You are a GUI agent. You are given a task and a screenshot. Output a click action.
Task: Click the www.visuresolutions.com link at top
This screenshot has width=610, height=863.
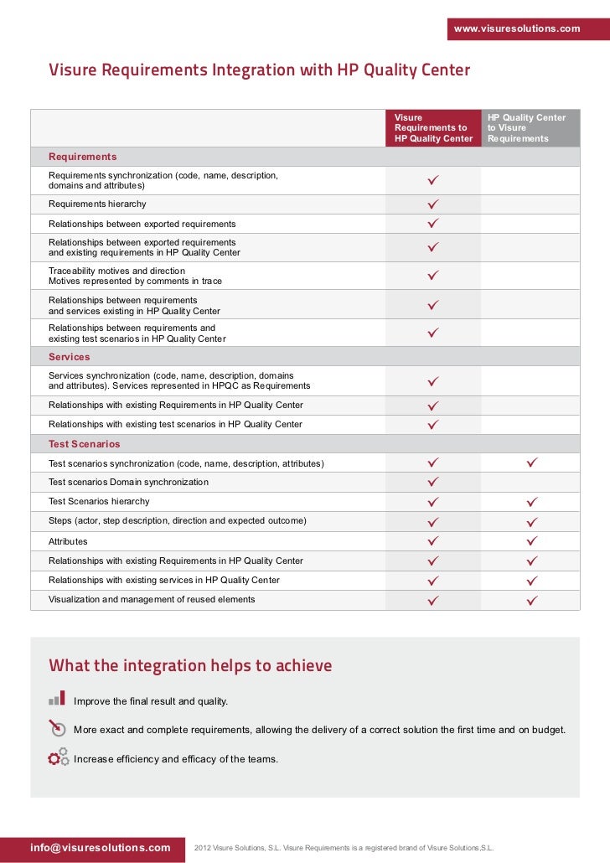516,28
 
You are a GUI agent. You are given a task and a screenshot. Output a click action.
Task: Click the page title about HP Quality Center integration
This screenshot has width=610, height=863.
259,70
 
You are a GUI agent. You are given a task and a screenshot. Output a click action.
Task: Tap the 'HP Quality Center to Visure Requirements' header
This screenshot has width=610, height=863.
528,128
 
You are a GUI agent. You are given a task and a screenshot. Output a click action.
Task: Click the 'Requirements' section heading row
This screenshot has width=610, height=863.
82,157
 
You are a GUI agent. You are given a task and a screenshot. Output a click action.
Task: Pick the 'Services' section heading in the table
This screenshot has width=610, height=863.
69,357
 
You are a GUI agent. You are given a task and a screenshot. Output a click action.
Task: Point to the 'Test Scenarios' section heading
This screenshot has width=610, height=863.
84,444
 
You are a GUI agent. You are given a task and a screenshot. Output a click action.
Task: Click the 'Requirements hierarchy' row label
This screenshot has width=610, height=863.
97,204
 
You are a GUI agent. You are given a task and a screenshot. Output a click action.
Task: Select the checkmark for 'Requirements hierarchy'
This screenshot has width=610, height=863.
433,204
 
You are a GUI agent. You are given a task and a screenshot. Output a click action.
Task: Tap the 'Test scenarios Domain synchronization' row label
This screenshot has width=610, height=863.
128,483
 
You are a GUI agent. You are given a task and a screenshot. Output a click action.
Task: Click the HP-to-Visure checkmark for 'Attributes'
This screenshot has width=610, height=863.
531,541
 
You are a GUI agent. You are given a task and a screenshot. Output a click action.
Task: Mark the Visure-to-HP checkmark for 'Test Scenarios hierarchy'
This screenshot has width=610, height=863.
433,502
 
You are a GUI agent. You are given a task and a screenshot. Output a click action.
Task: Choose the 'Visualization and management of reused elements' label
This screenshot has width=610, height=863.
152,599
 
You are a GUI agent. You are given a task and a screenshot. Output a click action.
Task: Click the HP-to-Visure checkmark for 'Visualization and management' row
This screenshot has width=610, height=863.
531,600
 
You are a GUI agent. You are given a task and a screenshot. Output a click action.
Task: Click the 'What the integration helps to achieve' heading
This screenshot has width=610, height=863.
190,666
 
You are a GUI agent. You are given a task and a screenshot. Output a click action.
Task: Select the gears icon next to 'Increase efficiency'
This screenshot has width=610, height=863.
58,757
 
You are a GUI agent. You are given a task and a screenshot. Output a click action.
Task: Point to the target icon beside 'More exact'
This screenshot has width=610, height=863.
57,727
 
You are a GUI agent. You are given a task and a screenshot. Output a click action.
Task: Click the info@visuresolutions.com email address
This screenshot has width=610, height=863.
101,847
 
